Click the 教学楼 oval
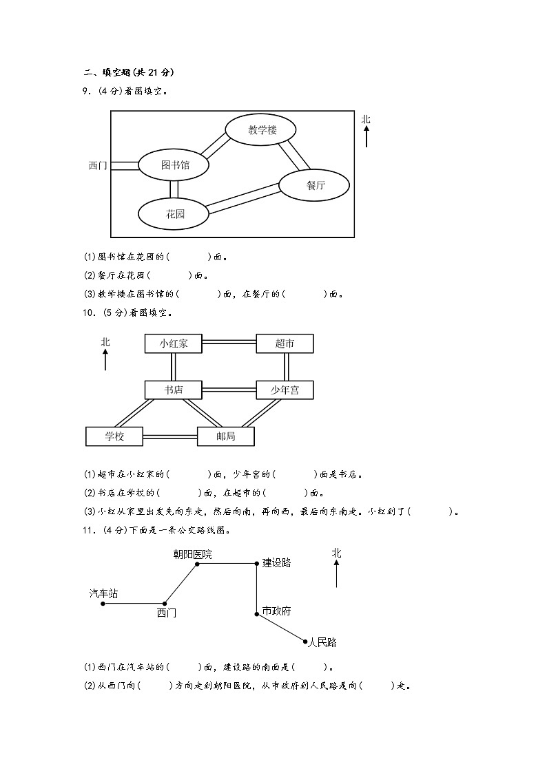click(261, 130)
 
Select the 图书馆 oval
click(174, 165)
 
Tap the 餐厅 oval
click(315, 184)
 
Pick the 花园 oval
click(174, 214)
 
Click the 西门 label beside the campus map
click(98, 166)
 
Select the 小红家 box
click(174, 343)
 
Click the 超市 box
click(285, 343)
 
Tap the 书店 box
click(174, 390)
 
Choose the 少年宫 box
click(285, 390)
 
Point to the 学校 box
click(114, 436)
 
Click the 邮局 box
click(226, 436)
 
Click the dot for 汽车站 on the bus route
click(103, 604)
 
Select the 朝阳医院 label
click(192, 554)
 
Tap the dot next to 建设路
click(257, 564)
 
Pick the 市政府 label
click(277, 611)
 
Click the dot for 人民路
click(305, 642)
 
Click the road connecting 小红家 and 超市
click(229, 341)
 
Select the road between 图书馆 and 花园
click(174, 189)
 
